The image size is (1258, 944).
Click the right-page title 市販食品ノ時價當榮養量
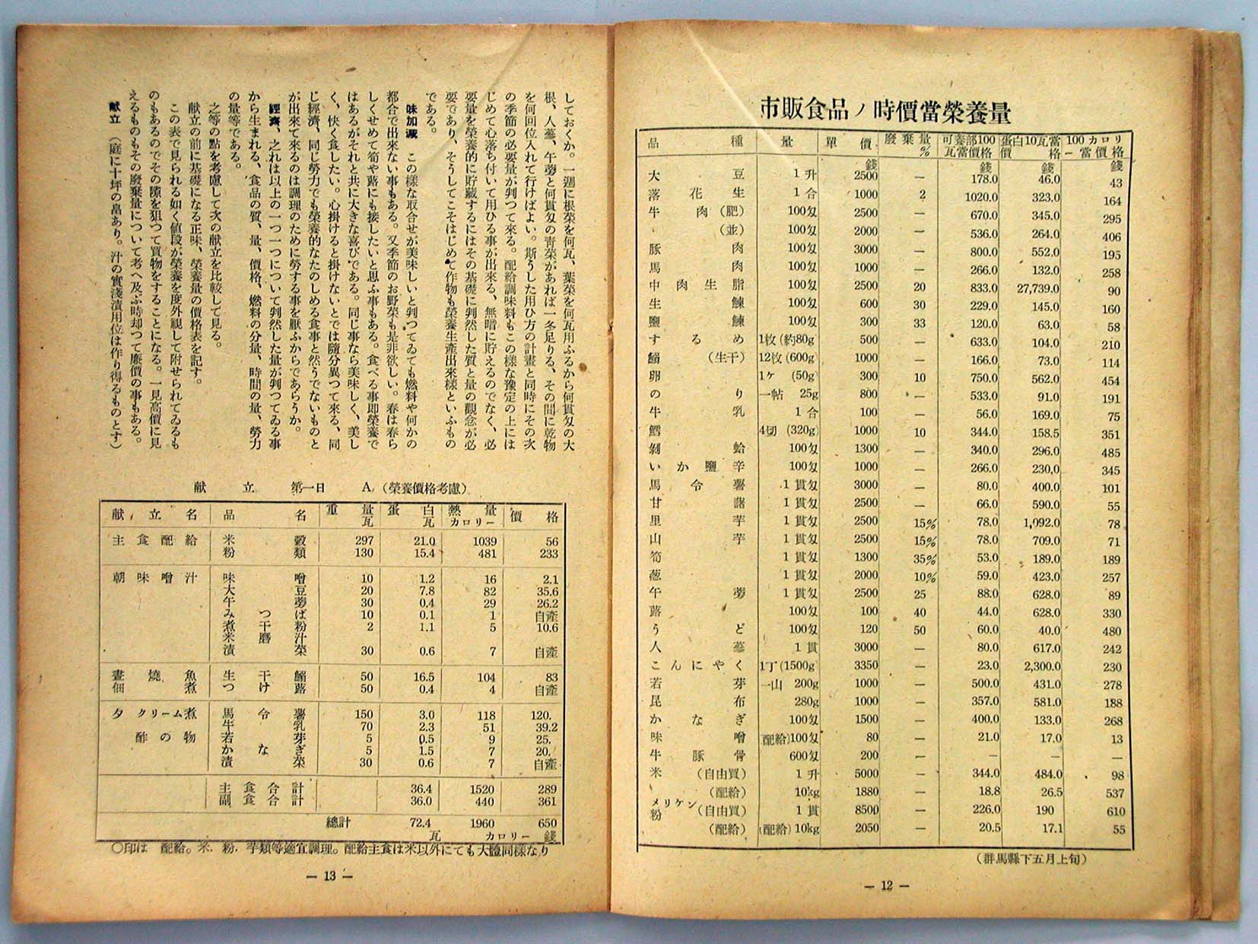click(885, 112)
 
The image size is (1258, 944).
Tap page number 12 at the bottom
click(885, 885)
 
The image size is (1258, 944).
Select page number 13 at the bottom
click(329, 876)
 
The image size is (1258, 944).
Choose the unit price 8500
click(865, 810)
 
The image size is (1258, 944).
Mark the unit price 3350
click(865, 665)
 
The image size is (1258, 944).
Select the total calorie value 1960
click(483, 823)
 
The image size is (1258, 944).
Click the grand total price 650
click(546, 823)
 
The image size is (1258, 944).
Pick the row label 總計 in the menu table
click(340, 822)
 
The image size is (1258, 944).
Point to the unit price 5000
click(865, 774)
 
